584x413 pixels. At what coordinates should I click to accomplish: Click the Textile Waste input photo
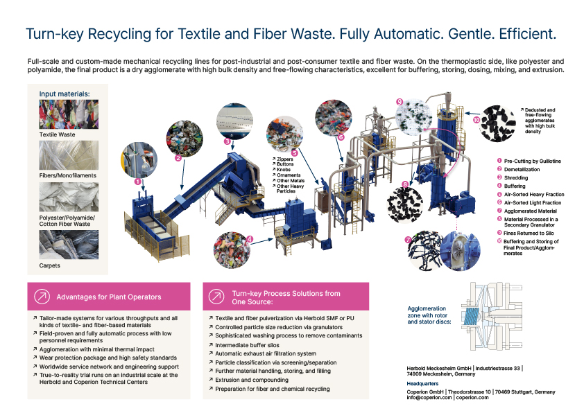(x=69, y=114)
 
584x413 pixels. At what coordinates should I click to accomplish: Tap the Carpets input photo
(x=69, y=245)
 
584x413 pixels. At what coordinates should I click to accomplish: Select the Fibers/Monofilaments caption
(x=68, y=175)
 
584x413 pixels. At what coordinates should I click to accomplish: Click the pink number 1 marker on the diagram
(x=138, y=182)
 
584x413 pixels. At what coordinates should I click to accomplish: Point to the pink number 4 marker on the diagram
(x=250, y=239)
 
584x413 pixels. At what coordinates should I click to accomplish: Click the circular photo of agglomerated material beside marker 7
(x=425, y=250)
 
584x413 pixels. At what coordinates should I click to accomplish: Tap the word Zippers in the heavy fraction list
(x=285, y=159)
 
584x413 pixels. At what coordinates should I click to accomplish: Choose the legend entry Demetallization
(x=522, y=169)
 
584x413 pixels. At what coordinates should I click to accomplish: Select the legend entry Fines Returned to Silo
(x=529, y=234)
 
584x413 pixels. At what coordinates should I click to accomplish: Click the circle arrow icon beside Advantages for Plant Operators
(x=42, y=297)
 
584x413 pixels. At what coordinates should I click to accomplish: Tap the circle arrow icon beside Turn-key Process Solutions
(x=216, y=297)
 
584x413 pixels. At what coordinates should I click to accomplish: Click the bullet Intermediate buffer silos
(x=247, y=345)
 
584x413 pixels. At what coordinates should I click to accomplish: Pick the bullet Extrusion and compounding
(x=252, y=380)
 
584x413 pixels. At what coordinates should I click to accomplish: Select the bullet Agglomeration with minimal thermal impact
(x=97, y=349)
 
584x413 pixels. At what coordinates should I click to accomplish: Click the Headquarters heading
(x=422, y=384)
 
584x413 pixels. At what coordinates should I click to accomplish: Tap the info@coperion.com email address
(x=429, y=397)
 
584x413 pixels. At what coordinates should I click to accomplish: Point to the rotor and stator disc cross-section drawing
(x=492, y=316)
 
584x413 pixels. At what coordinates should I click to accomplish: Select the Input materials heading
(x=65, y=94)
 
